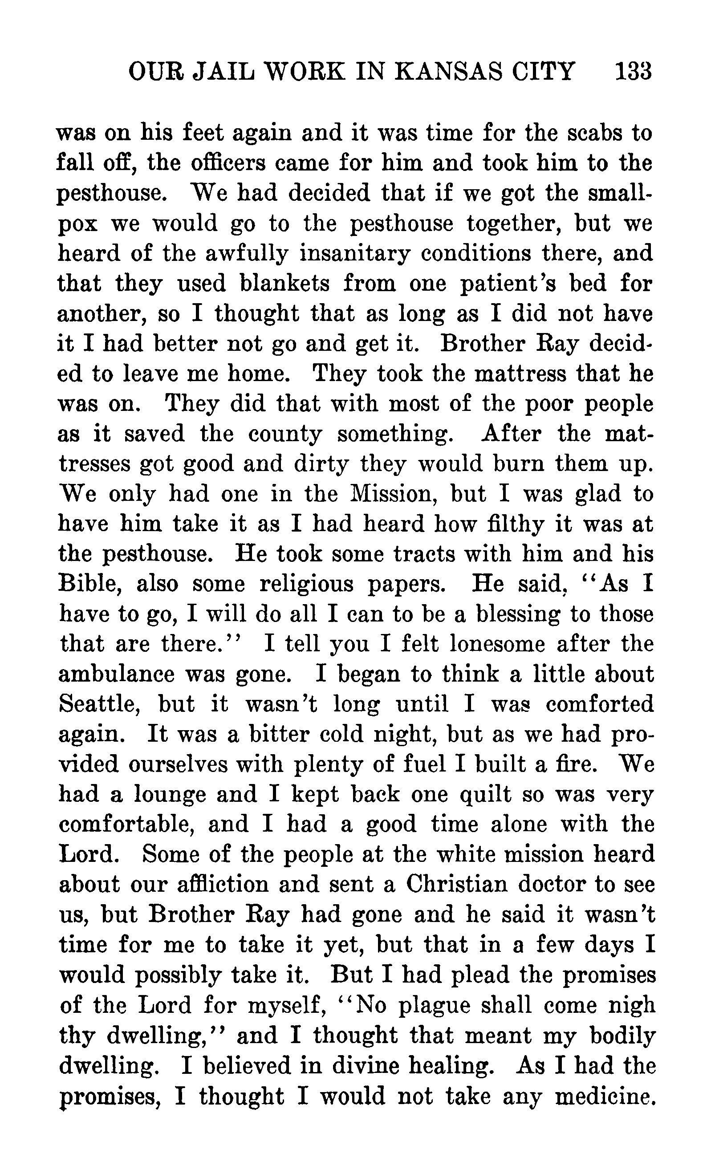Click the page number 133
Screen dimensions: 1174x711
coord(632,73)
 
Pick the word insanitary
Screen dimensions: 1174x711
coord(354,253)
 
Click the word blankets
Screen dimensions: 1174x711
coord(284,284)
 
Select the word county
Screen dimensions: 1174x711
coord(284,434)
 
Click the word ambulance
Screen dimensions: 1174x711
coord(116,674)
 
